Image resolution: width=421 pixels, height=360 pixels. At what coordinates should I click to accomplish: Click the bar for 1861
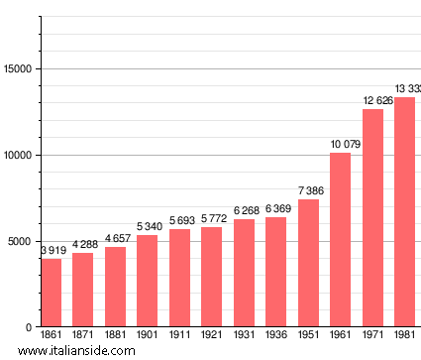pyautogui.click(x=51, y=293)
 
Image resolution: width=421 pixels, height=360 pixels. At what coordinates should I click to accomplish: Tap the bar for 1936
pyautogui.click(x=275, y=272)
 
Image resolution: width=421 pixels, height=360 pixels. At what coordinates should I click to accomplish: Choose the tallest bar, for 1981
pyautogui.click(x=404, y=212)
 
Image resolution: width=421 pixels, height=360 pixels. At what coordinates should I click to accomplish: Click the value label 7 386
pyautogui.click(x=308, y=190)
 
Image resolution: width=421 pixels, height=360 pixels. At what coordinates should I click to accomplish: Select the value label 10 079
pyautogui.click(x=340, y=145)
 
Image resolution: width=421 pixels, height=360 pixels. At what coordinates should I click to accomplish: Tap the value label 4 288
pyautogui.click(x=83, y=244)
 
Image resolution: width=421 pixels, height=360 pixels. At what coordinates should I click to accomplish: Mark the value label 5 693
pyautogui.click(x=179, y=220)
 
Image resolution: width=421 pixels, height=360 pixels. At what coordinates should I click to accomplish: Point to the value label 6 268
pyautogui.click(x=244, y=210)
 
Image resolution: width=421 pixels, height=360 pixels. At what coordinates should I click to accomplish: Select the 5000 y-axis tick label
pyautogui.click(x=21, y=241)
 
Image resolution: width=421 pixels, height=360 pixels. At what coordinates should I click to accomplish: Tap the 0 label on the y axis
pyautogui.click(x=30, y=327)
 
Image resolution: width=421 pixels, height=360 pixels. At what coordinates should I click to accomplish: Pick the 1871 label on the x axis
pyautogui.click(x=83, y=336)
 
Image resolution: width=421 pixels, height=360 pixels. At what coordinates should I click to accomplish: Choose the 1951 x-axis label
pyautogui.click(x=308, y=336)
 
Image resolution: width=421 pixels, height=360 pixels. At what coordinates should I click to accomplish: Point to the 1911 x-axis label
pyautogui.click(x=179, y=336)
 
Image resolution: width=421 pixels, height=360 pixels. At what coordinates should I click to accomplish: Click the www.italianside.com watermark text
pyautogui.click(x=76, y=351)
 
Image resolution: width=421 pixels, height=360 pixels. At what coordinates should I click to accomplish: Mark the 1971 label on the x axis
pyautogui.click(x=372, y=336)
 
